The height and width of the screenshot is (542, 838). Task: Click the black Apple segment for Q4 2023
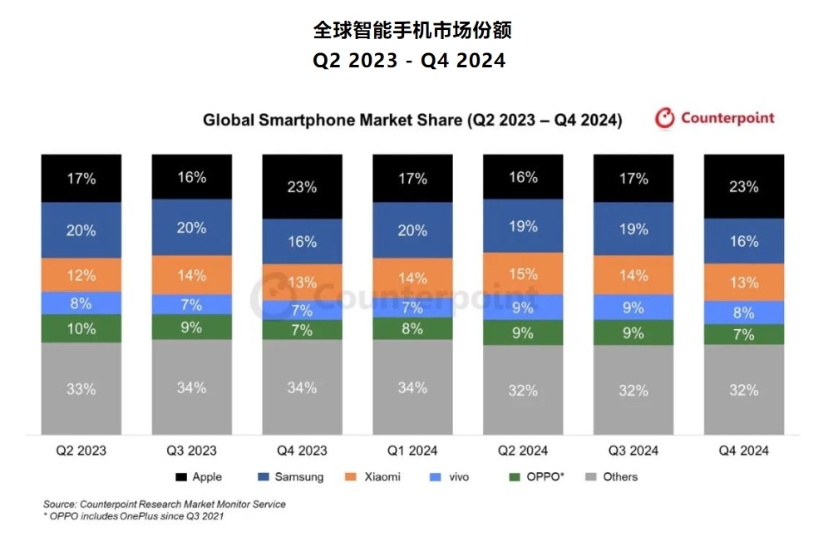tap(302, 187)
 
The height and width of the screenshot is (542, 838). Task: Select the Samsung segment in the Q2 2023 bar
tap(81, 230)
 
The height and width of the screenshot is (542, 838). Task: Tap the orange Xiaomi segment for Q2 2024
tap(523, 274)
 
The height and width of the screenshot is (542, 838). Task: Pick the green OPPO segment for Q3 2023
tap(191, 327)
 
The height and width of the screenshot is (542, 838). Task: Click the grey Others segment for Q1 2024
tap(412, 387)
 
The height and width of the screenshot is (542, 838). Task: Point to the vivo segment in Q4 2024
tap(744, 313)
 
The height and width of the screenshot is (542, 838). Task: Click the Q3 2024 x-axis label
tap(633, 451)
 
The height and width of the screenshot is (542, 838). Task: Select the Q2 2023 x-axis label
tap(81, 451)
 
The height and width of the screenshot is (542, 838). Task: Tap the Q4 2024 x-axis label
tap(744, 451)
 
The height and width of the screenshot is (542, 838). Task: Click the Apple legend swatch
tap(180, 477)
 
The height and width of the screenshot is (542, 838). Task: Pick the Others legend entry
tap(613, 477)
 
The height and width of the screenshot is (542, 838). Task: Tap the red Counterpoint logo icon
tap(665, 118)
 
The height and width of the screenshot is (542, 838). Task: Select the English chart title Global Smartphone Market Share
tap(412, 120)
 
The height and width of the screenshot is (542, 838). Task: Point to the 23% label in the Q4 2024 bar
tap(744, 186)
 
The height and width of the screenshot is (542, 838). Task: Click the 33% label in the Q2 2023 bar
tap(81, 388)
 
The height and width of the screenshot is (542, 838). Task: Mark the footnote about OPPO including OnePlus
tap(133, 516)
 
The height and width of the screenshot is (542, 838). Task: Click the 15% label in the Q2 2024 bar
tap(523, 274)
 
